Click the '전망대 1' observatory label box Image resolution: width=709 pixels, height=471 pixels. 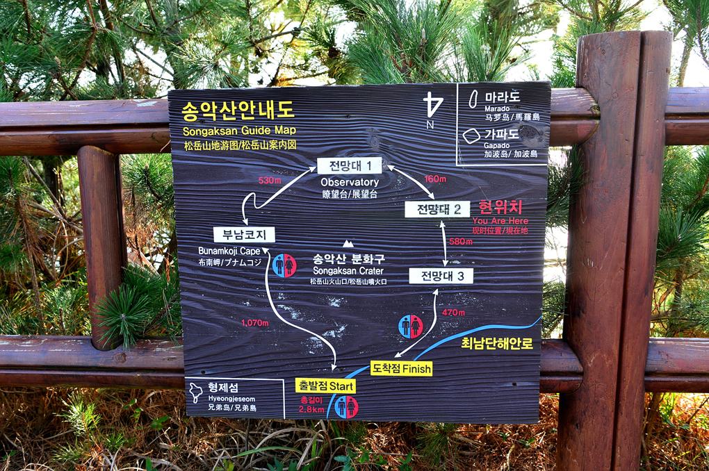click(350, 166)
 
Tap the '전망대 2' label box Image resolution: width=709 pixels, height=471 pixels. click(437, 209)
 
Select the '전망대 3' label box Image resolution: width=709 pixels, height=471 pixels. click(441, 276)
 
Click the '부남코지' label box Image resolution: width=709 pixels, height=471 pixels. click(244, 235)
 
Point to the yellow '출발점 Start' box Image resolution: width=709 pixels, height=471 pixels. click(325, 386)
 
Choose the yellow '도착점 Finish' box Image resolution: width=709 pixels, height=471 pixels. click(401, 368)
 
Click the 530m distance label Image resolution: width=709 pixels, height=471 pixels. click(269, 181)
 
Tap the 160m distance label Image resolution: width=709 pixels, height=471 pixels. click(435, 179)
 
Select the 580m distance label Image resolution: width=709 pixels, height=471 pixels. click(461, 242)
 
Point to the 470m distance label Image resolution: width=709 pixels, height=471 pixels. click(453, 313)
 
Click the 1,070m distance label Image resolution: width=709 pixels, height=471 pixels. click(254, 322)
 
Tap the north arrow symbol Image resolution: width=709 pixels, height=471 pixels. click(433, 108)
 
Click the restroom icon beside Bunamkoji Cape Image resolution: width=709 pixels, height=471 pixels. click(284, 265)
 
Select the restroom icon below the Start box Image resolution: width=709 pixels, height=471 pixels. click(346, 407)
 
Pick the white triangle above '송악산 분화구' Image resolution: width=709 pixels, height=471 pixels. click(348, 243)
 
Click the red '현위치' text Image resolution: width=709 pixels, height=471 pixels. click(500, 207)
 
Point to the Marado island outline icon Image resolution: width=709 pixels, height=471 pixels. click(474, 99)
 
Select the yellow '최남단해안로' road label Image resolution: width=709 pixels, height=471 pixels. click(497, 343)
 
